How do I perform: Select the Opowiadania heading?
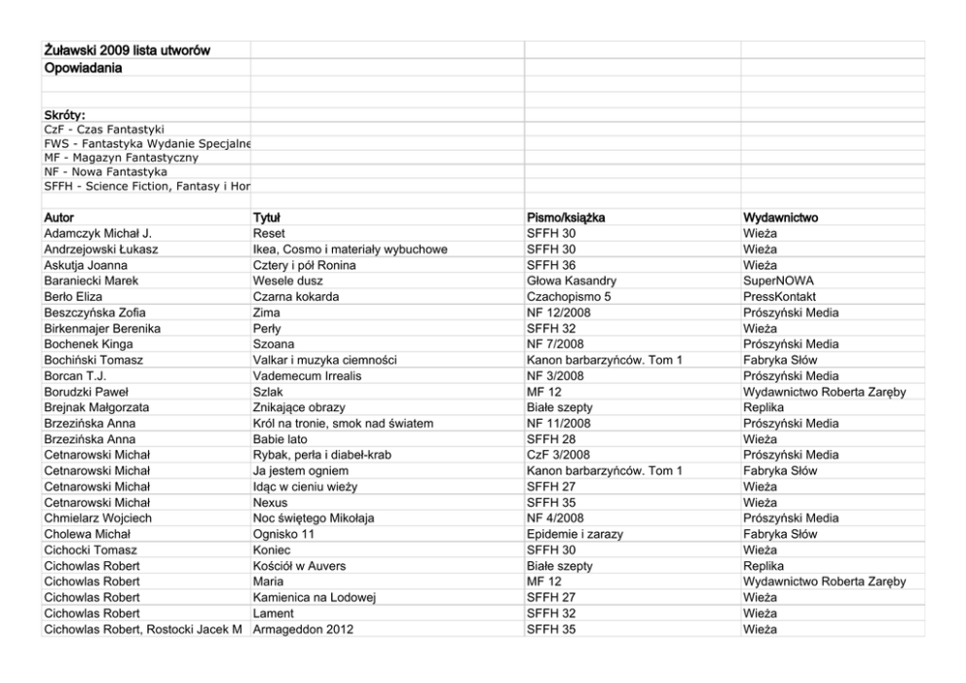coord(82,68)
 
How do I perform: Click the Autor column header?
coord(59,218)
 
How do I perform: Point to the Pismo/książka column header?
coord(566,218)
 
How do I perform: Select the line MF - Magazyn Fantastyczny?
coord(122,157)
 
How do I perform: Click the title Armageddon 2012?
coord(303,628)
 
